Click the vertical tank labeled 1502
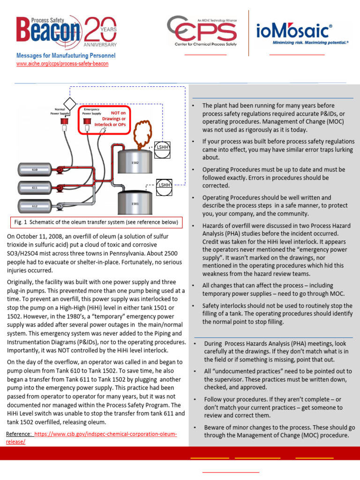coord(135,162)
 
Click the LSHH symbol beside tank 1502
coord(162,147)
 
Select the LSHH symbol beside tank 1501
coord(164,185)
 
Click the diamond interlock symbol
coord(70,103)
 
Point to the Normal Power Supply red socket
coord(61,123)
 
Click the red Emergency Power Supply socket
coord(87,122)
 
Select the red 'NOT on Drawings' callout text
coord(118,119)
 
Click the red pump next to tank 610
coord(60,170)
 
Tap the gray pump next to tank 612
coord(60,206)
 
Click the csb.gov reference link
coord(94,438)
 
